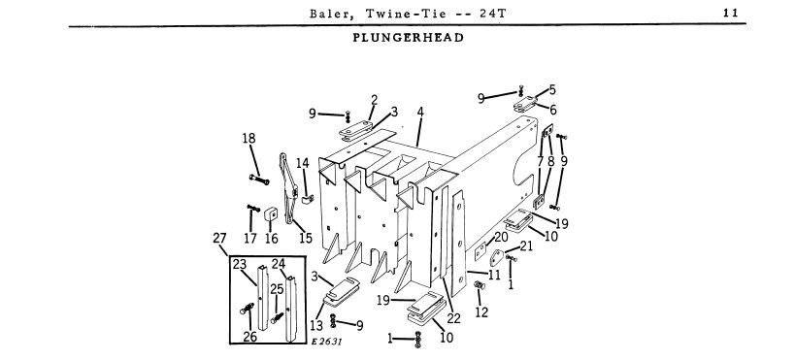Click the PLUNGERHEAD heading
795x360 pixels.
(x=408, y=38)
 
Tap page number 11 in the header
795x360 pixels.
(x=731, y=14)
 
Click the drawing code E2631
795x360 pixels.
(x=327, y=342)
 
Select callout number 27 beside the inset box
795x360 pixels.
(x=219, y=238)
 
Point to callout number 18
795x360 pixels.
(x=248, y=138)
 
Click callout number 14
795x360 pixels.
(x=303, y=163)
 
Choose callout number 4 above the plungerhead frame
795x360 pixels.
(x=420, y=112)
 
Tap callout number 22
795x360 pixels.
(x=453, y=318)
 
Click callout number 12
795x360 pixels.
(x=481, y=312)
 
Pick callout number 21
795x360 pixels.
(x=526, y=246)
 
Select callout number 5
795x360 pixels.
(x=552, y=89)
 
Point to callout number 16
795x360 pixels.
(x=272, y=238)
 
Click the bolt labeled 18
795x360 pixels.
(x=259, y=179)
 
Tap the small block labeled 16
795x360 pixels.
(x=270, y=215)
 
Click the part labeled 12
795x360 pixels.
(x=480, y=286)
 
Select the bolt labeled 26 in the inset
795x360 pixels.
(x=247, y=308)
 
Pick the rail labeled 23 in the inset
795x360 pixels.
(x=263, y=298)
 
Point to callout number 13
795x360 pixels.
(x=317, y=325)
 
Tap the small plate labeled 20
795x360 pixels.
(x=480, y=250)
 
